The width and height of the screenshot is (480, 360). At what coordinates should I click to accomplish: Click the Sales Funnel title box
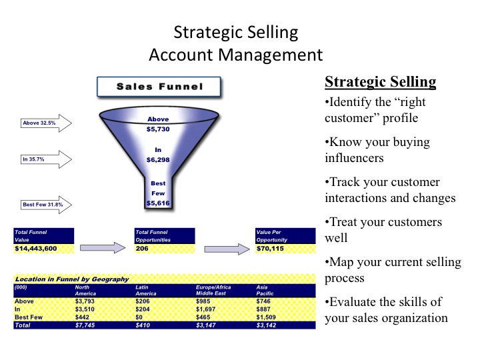tap(159, 87)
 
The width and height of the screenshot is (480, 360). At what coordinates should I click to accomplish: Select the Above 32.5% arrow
tap(46, 123)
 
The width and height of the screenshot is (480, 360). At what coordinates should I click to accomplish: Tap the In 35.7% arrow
tap(46, 159)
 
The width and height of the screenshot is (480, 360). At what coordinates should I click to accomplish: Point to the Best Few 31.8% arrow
tap(46, 205)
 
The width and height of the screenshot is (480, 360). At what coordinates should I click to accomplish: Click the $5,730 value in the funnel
tap(158, 129)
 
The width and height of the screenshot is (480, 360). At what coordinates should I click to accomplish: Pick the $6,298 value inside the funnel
tap(158, 160)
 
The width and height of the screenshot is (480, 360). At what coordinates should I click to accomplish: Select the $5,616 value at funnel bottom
tap(158, 203)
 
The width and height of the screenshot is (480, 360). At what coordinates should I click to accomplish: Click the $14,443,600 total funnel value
tap(36, 249)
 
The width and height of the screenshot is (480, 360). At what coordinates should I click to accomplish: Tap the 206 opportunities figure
tap(142, 249)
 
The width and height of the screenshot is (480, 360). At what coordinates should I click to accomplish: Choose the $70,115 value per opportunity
tap(270, 249)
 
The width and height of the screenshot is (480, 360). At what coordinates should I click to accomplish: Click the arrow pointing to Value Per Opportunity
tap(227, 249)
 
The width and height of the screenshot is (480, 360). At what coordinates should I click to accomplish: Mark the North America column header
tap(85, 290)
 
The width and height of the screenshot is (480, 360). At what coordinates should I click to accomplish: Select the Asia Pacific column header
tap(265, 290)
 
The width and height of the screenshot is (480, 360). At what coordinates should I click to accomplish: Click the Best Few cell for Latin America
tap(139, 317)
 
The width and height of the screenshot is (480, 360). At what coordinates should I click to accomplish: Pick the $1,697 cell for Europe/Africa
tap(206, 309)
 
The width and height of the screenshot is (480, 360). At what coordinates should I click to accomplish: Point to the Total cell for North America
tap(85, 325)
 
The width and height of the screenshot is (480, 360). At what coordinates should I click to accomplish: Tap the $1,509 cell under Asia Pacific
tap(266, 317)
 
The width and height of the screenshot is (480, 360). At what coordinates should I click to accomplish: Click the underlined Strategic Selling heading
tap(381, 82)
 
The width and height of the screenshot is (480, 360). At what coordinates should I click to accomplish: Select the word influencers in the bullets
tap(354, 158)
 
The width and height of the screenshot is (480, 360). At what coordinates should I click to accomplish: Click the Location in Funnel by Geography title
tap(72, 279)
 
